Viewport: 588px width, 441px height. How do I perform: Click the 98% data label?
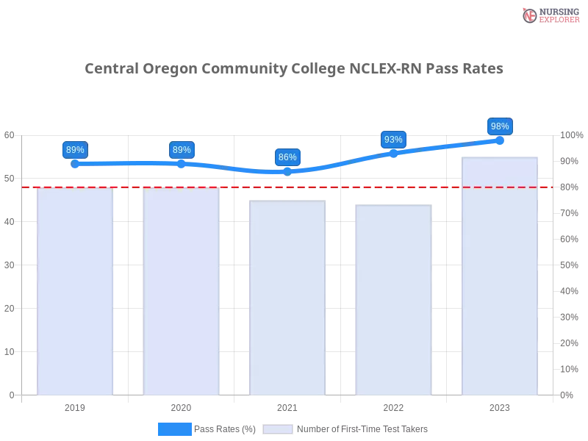pyautogui.click(x=500, y=126)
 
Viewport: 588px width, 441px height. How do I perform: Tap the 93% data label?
pyautogui.click(x=393, y=140)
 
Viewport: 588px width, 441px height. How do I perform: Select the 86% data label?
pyautogui.click(x=287, y=157)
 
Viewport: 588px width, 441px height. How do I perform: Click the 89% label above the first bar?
pyautogui.click(x=75, y=150)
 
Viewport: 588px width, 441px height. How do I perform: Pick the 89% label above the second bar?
pyautogui.click(x=182, y=150)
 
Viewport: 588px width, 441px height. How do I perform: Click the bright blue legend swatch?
pyautogui.click(x=175, y=429)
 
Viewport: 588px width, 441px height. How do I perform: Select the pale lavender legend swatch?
pyautogui.click(x=277, y=429)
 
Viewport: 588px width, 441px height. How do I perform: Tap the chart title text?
pyautogui.click(x=294, y=69)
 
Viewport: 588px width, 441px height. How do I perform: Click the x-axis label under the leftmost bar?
pyautogui.click(x=76, y=406)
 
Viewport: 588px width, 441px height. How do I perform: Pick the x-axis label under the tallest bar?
pyautogui.click(x=500, y=406)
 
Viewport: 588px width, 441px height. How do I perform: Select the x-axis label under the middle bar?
pyautogui.click(x=287, y=406)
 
